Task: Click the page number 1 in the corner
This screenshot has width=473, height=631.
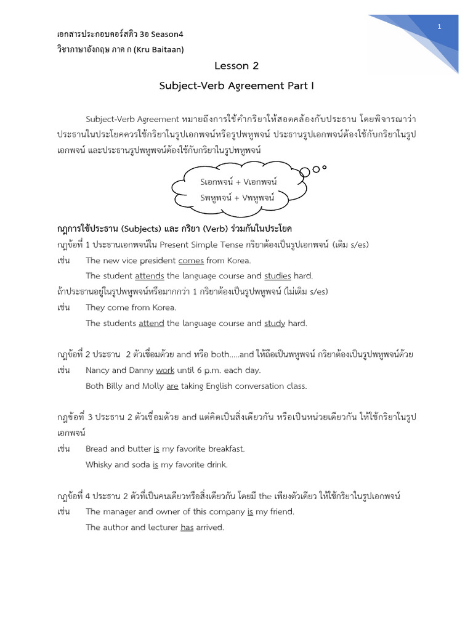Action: [x=440, y=26]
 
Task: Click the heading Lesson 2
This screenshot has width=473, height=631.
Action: [x=232, y=65]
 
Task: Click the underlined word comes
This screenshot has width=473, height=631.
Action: [x=191, y=261]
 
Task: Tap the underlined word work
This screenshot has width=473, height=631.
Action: [x=166, y=370]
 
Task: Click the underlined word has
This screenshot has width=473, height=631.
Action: [x=187, y=527]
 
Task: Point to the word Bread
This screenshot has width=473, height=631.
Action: [x=97, y=449]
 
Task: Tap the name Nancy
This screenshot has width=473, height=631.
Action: [x=98, y=370]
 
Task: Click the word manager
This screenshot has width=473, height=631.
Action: [x=121, y=511]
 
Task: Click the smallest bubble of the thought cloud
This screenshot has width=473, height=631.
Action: [x=325, y=166]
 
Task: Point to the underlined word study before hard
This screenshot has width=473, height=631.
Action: [x=275, y=323]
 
